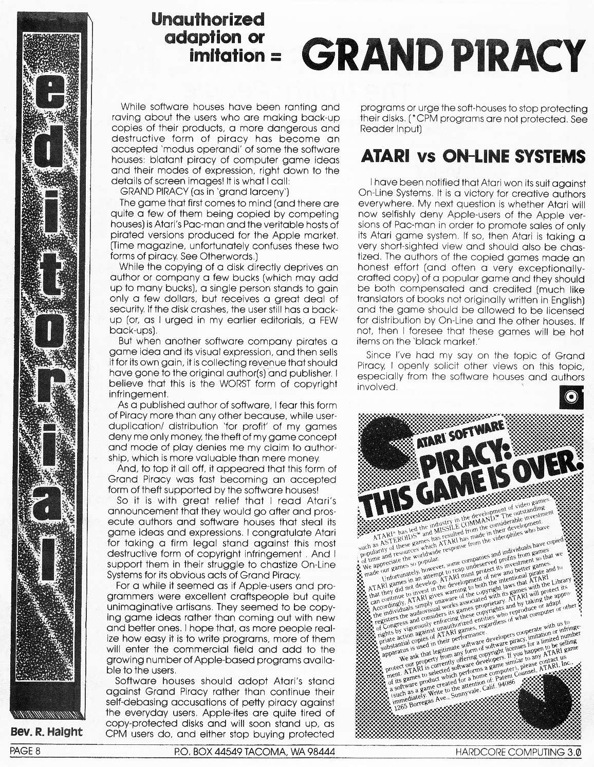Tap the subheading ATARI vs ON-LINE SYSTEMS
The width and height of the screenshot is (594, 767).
pos(473,156)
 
